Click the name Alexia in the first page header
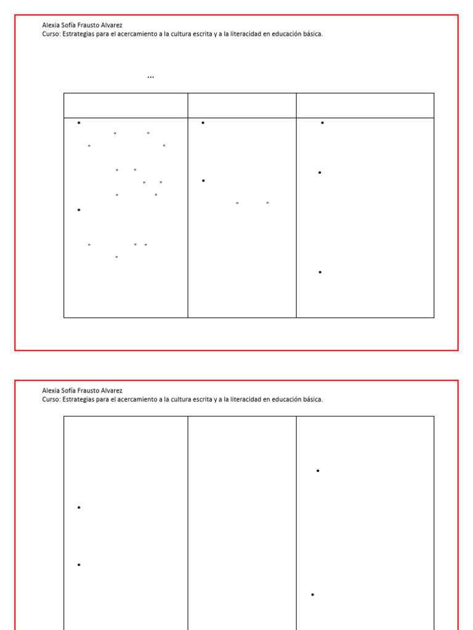[x=51, y=25]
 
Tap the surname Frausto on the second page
[x=88, y=391]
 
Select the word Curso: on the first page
[x=52, y=34]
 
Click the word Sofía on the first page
[x=68, y=25]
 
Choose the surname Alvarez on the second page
[x=111, y=391]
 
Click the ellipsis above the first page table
[x=150, y=77]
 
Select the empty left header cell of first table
[x=126, y=106]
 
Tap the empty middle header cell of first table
[x=242, y=106]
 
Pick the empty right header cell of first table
[x=365, y=106]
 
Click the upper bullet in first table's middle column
[x=203, y=123]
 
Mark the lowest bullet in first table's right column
[x=320, y=273]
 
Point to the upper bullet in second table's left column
[x=79, y=508]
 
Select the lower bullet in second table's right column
[x=312, y=595]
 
